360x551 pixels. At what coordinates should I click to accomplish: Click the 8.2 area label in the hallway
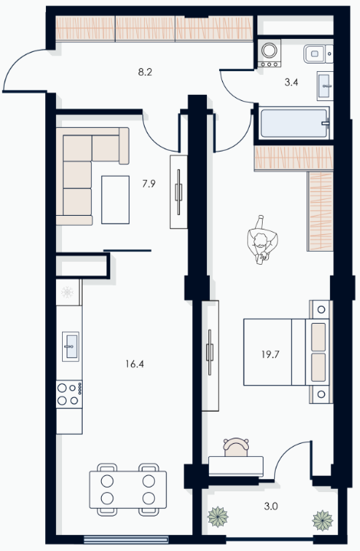(x=145, y=73)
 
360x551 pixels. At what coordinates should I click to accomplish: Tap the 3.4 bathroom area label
(x=291, y=83)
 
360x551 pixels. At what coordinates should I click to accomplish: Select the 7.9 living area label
(x=149, y=184)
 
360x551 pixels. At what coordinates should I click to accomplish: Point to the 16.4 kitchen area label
(x=135, y=364)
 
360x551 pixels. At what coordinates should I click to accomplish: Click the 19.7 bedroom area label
(x=270, y=354)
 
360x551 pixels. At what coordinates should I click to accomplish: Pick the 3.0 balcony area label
(x=271, y=507)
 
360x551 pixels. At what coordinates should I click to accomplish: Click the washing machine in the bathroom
(x=270, y=53)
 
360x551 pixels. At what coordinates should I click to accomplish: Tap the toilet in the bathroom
(x=318, y=54)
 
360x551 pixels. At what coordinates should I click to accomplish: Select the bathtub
(x=294, y=123)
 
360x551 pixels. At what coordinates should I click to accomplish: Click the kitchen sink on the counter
(x=70, y=347)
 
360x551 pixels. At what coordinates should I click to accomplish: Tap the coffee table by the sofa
(x=116, y=200)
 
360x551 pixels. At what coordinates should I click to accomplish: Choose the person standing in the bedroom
(x=262, y=240)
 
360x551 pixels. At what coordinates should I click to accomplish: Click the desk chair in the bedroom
(x=236, y=447)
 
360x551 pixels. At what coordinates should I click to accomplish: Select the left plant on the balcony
(x=218, y=517)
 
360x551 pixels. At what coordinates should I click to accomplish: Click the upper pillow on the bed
(x=318, y=337)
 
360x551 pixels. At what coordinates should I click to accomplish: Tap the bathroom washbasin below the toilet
(x=325, y=86)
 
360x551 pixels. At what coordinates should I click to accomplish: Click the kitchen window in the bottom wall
(x=126, y=540)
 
